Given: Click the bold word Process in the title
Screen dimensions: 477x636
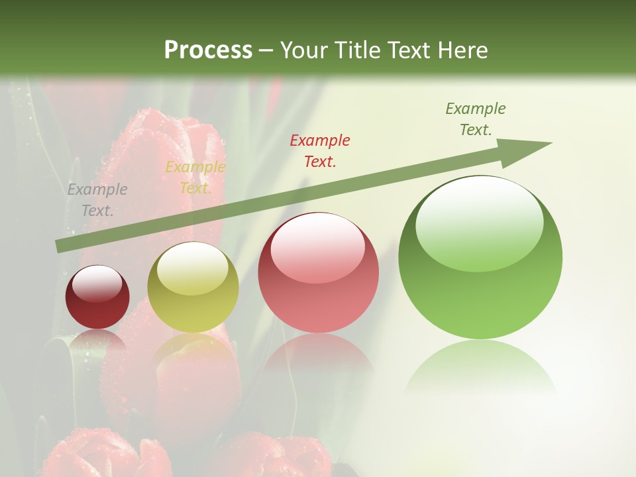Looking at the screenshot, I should pos(208,50).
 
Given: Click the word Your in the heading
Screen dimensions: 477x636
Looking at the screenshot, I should pos(306,50).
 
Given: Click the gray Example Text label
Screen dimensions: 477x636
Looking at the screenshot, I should pos(97,200).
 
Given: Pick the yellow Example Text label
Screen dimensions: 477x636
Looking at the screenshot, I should pos(195,178).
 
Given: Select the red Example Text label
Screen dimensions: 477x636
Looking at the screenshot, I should pos(320,150).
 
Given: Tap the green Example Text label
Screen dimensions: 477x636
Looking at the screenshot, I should pos(476,119).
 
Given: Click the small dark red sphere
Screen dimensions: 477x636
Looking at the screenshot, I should pos(97,297).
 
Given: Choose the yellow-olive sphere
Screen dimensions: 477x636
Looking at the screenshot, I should pos(193,288).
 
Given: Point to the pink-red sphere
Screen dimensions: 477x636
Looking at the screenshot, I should pos(319,272).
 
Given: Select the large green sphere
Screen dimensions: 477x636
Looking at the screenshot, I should pos(480,257).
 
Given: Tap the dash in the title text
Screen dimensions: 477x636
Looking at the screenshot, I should pos(266,50).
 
